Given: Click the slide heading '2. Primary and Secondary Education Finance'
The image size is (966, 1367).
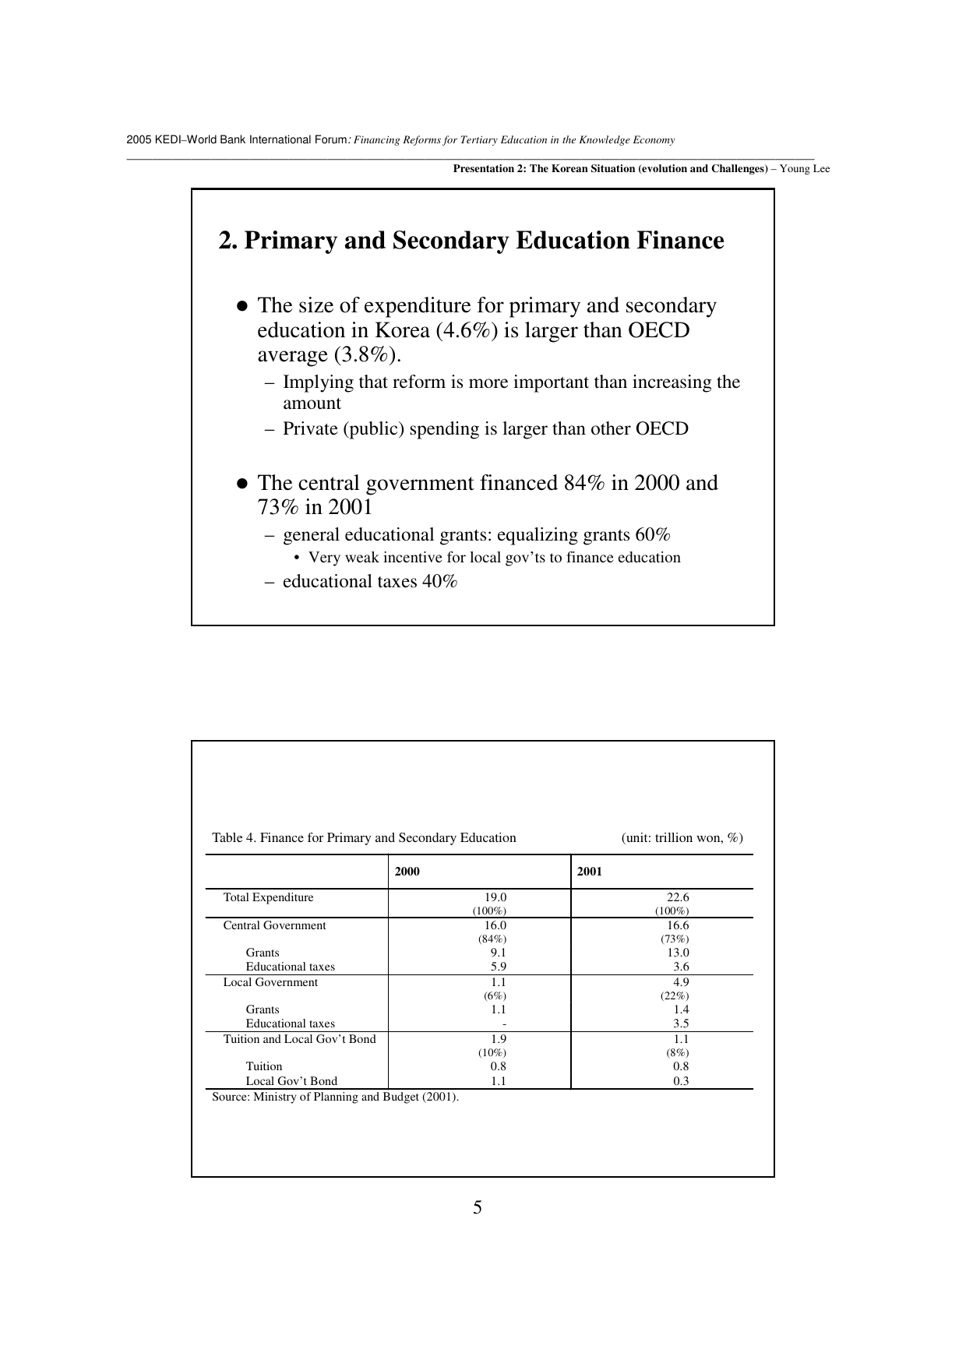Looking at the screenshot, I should point(471,241).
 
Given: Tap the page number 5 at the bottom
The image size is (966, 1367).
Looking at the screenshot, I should point(478,1208).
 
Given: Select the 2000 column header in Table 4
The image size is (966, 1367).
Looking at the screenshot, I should point(407,872).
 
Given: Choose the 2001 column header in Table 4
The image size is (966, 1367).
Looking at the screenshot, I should point(590,872).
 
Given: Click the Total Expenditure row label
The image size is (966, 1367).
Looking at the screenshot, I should point(268,897).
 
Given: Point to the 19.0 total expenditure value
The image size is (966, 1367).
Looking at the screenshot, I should point(495,897).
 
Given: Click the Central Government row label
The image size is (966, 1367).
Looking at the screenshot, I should point(274,925).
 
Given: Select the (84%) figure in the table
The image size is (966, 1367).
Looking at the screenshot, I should point(492,939).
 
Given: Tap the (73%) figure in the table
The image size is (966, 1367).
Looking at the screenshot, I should point(675,939).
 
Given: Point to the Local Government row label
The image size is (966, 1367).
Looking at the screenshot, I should point(270,982).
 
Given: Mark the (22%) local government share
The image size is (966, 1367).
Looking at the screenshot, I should point(675,996).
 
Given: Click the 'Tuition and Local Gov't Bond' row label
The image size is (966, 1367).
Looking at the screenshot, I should point(299,1039).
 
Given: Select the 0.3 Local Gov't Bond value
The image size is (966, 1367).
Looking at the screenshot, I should point(681,1081).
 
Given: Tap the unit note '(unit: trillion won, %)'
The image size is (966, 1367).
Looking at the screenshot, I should point(682,838).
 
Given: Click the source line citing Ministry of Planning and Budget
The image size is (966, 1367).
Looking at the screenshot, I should point(336,1097).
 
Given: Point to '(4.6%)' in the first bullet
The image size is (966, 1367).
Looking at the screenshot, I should point(467,330).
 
